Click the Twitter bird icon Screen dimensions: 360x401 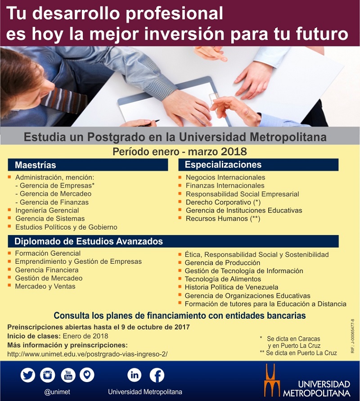[28, 375]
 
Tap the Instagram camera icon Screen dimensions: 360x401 [48, 375]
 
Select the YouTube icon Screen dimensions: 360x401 [68, 375]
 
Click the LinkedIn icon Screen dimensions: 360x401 [135, 375]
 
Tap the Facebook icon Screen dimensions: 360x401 [157, 375]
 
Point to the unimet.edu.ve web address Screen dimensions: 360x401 [87, 354]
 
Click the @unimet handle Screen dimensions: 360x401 [57, 392]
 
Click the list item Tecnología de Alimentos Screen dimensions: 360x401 [223, 279]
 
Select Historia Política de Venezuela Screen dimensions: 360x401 [231, 287]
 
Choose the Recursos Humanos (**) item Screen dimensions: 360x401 [223, 219]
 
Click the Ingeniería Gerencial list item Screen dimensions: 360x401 [47, 211]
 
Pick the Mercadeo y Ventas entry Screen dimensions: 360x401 [45, 286]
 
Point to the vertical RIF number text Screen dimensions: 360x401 [353, 336]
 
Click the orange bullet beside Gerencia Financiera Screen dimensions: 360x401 [9, 269]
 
